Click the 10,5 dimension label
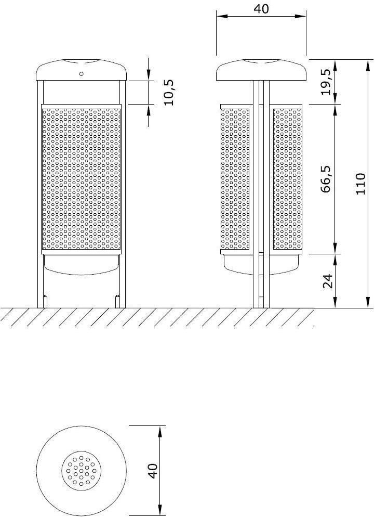(x=169, y=93)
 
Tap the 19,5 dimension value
(x=326, y=82)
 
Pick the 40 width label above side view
(x=261, y=9)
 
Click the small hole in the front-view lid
(x=81, y=74)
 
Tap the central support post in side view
(x=261, y=208)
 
